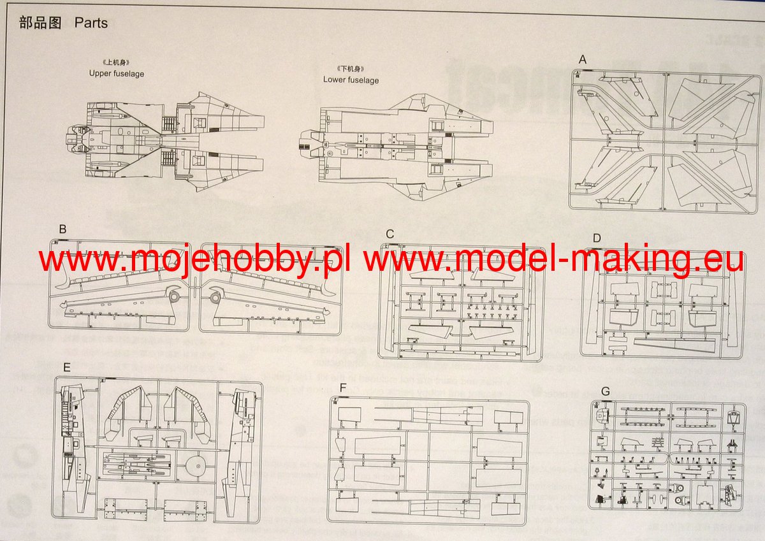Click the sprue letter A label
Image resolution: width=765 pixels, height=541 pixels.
click(582, 60)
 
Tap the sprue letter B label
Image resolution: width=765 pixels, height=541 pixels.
click(62, 229)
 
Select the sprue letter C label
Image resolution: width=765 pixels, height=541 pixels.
click(390, 234)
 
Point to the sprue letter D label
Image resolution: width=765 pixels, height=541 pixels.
click(597, 238)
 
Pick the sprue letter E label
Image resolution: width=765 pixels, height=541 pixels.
click(68, 368)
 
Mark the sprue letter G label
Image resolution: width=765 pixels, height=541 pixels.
click(605, 391)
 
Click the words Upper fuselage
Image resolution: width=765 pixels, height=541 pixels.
click(117, 74)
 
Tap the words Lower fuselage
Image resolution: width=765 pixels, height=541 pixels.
click(351, 80)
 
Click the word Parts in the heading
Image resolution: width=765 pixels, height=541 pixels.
click(91, 24)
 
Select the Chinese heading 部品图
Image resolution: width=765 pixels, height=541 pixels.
click(40, 24)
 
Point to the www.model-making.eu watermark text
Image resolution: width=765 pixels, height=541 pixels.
click(555, 260)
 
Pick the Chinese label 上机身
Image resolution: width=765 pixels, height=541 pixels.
click(117, 63)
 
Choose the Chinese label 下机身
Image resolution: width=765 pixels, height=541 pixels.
click(351, 69)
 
